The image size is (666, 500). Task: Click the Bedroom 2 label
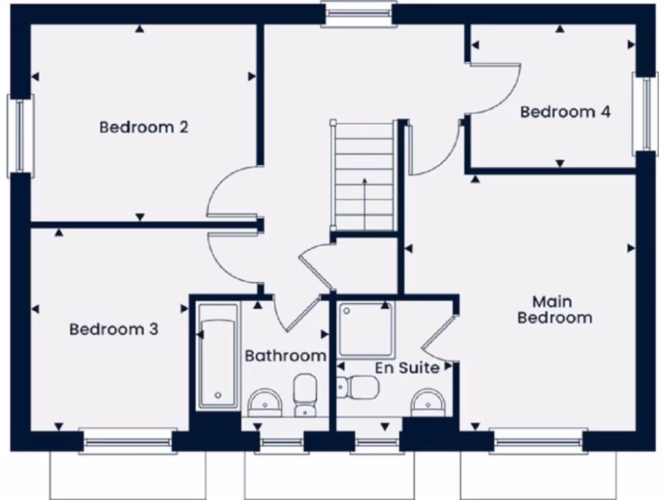144,127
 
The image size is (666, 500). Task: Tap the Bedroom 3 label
114,329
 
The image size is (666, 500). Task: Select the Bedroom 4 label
565,112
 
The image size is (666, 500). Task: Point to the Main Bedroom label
554,310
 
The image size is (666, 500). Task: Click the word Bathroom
286,355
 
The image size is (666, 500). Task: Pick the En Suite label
407,368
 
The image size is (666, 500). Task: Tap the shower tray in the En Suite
366,329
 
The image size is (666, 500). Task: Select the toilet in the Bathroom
304,394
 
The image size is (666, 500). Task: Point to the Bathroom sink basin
265,402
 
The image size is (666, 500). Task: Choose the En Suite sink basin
429,402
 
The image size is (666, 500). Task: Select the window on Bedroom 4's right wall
645,114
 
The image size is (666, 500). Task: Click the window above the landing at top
359,14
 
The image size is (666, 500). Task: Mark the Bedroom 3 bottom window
127,442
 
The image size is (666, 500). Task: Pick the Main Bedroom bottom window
539,442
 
